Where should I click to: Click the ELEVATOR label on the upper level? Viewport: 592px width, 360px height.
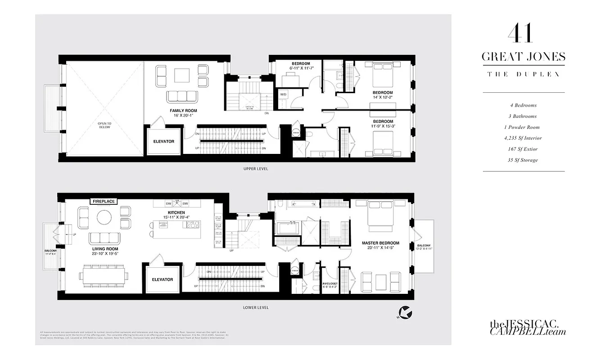pyautogui.click(x=163, y=141)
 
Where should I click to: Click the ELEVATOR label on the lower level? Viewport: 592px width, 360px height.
pyautogui.click(x=163, y=279)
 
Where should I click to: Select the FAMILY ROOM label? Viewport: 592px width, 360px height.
pyautogui.click(x=183, y=110)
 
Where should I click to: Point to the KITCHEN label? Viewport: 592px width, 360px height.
pyautogui.click(x=176, y=212)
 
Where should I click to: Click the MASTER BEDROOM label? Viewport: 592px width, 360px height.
pyautogui.click(x=381, y=243)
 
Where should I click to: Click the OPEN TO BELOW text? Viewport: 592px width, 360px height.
pyautogui.click(x=104, y=125)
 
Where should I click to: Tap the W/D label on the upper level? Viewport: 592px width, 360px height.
pyautogui.click(x=284, y=94)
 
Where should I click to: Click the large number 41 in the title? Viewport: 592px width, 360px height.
pyautogui.click(x=523, y=33)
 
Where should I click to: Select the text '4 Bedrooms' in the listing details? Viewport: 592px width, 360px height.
pyautogui.click(x=523, y=105)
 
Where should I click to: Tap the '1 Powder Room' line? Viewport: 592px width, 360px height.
pyautogui.click(x=523, y=127)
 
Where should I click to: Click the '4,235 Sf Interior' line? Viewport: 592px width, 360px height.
pyautogui.click(x=523, y=138)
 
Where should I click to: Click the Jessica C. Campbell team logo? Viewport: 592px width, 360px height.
pyautogui.click(x=528, y=328)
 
